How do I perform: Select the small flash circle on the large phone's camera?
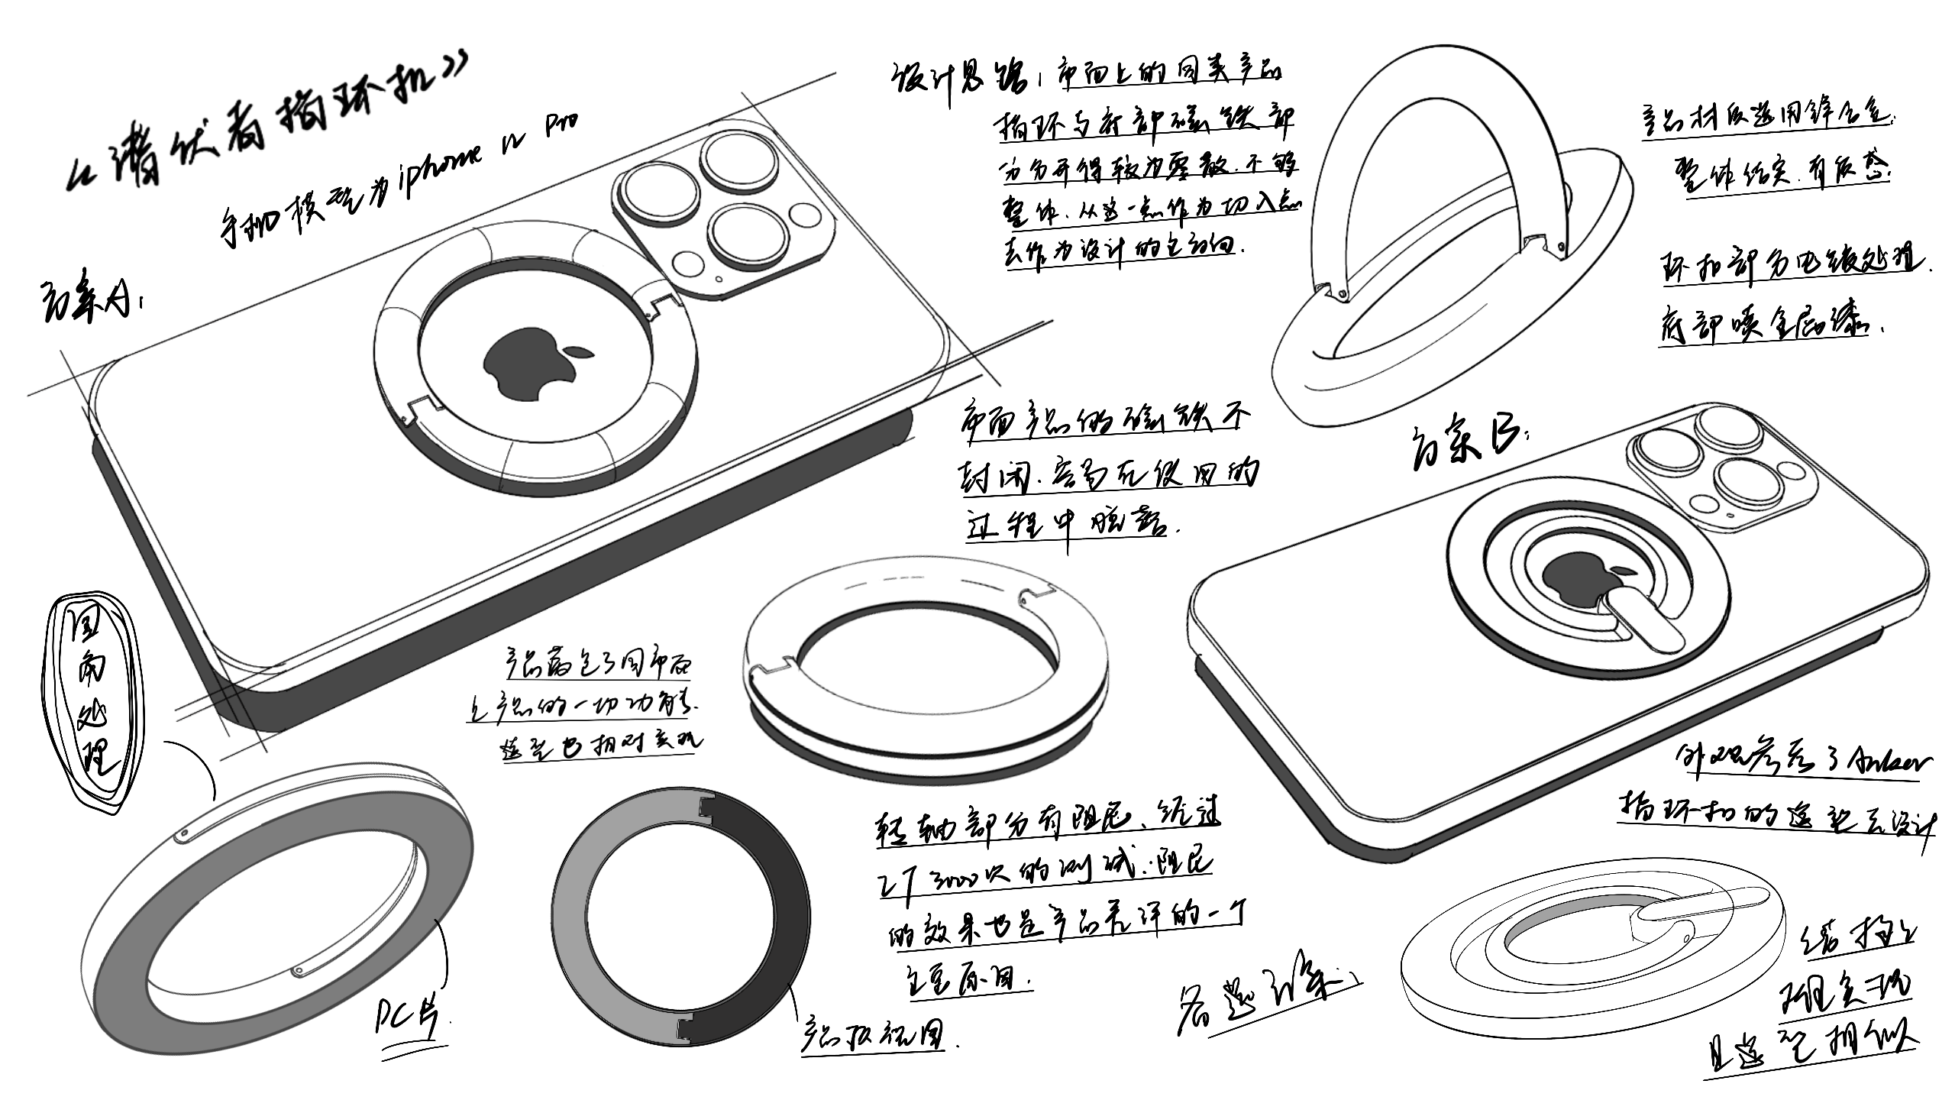[x=805, y=215]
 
